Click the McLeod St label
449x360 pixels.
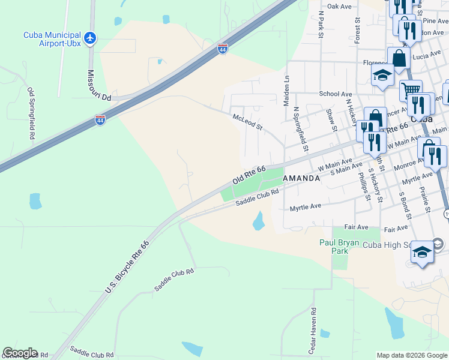(x=248, y=123)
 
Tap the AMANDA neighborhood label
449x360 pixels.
(x=301, y=178)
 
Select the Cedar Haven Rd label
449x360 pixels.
(x=313, y=331)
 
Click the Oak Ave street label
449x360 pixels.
(x=339, y=6)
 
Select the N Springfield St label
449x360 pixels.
(x=301, y=129)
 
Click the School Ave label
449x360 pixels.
(x=336, y=94)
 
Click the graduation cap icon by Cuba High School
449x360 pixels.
(x=422, y=253)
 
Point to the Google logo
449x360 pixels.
(x=20, y=353)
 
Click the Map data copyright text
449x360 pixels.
(x=411, y=355)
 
